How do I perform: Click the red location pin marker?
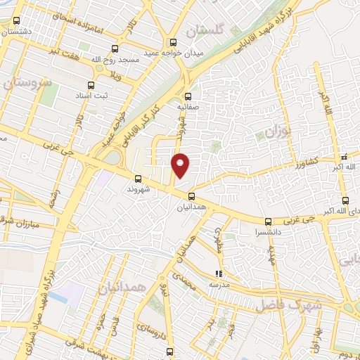[x=181, y=166]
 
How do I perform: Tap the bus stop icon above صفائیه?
[x=188, y=97]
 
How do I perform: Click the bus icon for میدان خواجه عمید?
[x=172, y=41]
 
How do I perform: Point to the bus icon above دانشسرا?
[x=267, y=221]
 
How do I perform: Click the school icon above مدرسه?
[x=219, y=274]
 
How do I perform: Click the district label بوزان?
[x=277, y=132]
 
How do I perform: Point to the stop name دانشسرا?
[x=268, y=231]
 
